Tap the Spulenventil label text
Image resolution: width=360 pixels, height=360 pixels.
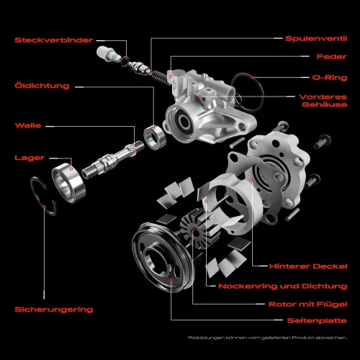click(x=316, y=38)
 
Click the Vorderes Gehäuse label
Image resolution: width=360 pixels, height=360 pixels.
click(x=324, y=100)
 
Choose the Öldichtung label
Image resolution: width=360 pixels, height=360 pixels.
click(x=42, y=86)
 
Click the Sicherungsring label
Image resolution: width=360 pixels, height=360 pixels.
click(x=54, y=309)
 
